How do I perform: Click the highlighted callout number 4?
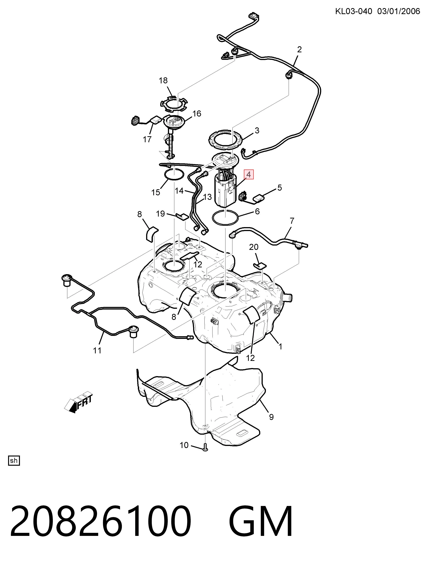[249, 174]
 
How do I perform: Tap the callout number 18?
[163, 81]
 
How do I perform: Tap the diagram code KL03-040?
[354, 11]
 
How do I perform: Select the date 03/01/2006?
[399, 11]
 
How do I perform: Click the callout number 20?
[254, 247]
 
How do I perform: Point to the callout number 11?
[97, 350]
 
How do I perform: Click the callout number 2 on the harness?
[299, 49]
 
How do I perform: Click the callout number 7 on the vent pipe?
[292, 221]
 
